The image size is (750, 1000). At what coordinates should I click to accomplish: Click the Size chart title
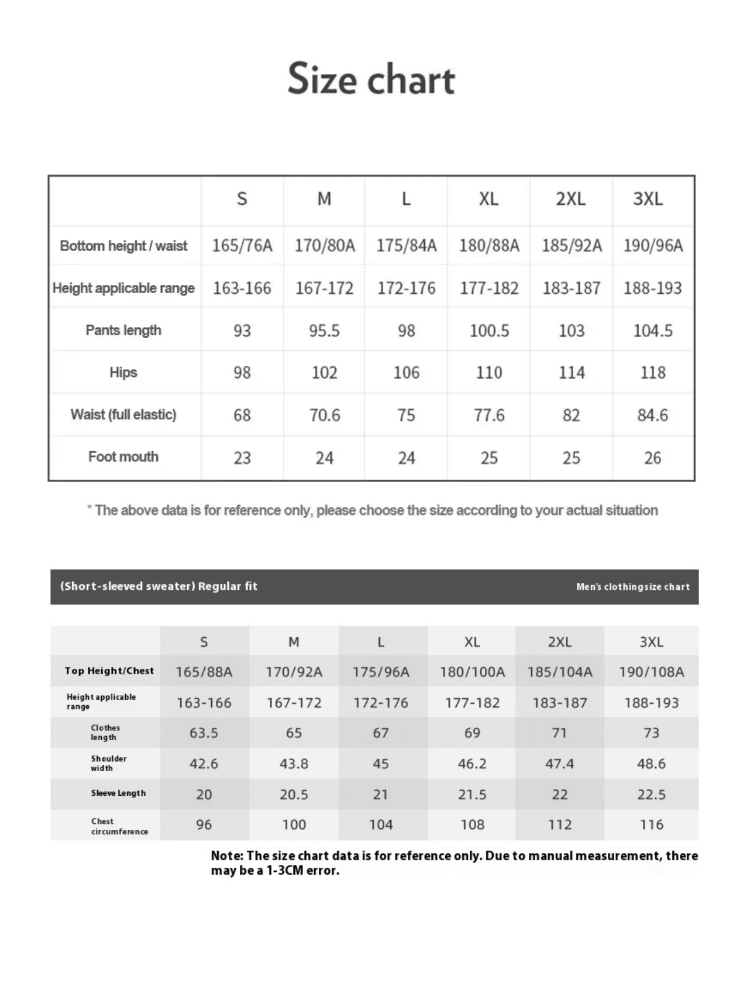point(371,79)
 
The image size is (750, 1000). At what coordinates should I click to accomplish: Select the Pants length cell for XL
point(489,331)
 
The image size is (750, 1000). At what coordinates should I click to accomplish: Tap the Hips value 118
point(652,373)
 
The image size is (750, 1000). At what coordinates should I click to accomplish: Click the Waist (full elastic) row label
point(123,415)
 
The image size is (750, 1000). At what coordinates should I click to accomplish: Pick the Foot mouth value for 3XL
point(652,458)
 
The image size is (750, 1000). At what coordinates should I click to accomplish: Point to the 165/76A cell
point(242,245)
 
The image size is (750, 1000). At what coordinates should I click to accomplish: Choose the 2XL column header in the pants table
point(570,199)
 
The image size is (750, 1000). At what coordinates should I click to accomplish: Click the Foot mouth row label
point(123,457)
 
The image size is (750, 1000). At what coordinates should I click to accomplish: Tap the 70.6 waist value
point(325,415)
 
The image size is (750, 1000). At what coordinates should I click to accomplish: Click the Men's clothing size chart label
point(632,587)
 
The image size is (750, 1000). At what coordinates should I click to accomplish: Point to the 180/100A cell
point(472,672)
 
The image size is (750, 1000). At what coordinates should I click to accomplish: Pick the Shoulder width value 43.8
point(294,764)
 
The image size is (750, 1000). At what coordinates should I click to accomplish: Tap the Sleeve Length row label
point(118,793)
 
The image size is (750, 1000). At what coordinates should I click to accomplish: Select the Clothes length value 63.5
point(204,733)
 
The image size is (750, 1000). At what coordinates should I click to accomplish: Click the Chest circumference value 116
point(651,824)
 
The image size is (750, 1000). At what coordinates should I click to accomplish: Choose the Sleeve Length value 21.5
point(472,795)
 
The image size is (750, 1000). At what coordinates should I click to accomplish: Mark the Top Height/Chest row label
point(109,671)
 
